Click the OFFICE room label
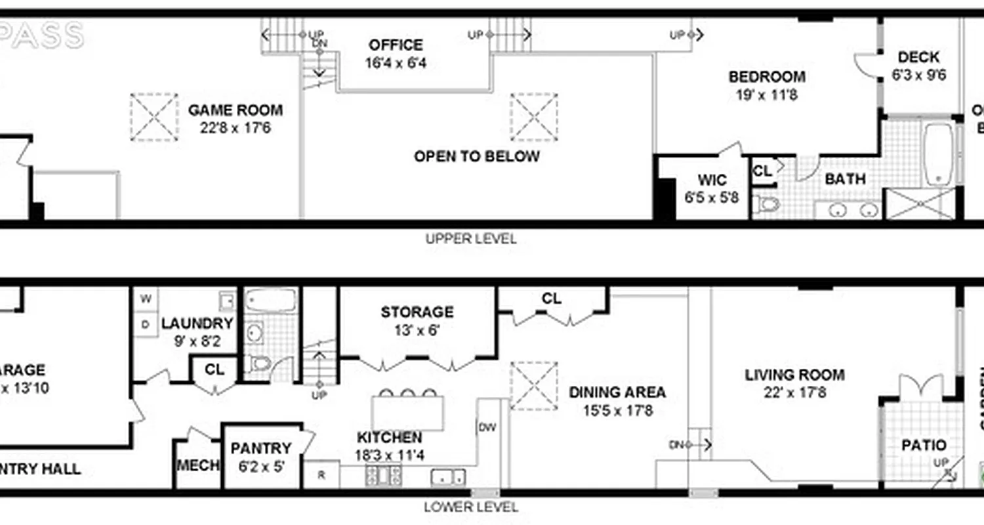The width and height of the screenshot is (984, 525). (396, 45)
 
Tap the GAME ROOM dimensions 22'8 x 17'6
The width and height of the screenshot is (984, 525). (236, 127)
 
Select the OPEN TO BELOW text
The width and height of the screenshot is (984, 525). (477, 156)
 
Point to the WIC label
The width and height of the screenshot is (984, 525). (711, 180)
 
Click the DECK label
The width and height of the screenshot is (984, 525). (918, 58)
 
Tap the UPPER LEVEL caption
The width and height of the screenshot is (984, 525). (470, 239)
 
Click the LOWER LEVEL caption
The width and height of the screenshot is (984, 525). (470, 507)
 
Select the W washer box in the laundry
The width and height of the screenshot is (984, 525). (146, 299)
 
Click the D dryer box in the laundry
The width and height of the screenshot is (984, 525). (146, 324)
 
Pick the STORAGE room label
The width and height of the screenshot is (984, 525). (417, 312)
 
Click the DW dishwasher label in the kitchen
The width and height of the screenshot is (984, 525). (487, 428)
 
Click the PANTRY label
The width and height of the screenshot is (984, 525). (261, 448)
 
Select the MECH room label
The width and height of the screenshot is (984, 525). (197, 465)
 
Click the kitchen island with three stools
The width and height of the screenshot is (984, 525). (407, 413)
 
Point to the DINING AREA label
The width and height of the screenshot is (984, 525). (617, 392)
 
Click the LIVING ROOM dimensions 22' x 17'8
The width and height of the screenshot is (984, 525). (794, 393)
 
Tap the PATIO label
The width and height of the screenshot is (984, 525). (923, 445)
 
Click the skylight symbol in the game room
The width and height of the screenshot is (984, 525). (154, 117)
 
